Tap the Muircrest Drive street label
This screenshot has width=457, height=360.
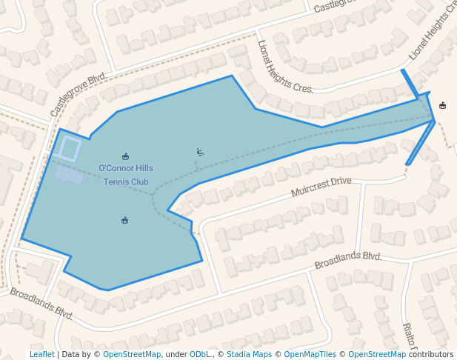321,187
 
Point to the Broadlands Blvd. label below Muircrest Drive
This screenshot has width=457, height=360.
347,261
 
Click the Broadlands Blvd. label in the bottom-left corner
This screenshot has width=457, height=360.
41,303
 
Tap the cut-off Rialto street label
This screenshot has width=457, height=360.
408,336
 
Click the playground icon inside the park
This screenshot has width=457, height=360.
200,153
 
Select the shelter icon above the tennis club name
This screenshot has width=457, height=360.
125,156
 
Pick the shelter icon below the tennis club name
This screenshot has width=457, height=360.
124,220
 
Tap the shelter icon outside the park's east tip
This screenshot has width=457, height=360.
443,105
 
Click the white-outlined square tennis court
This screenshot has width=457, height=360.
70,148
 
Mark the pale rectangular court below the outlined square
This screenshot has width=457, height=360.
70,175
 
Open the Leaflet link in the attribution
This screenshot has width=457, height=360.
41,354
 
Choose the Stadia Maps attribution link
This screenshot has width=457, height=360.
249,354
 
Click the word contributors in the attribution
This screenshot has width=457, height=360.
430,354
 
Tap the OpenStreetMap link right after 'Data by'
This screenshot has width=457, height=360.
132,354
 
